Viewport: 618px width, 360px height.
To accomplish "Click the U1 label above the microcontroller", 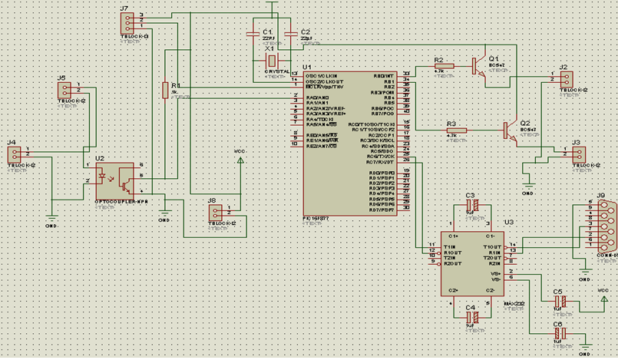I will [307, 68].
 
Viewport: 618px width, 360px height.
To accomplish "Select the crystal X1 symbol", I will [270, 61].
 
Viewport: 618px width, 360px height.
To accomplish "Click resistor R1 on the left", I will [164, 91].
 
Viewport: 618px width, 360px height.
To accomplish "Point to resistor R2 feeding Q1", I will [444, 67].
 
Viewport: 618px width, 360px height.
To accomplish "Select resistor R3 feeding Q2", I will [456, 130].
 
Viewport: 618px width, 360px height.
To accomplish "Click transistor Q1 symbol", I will [480, 65].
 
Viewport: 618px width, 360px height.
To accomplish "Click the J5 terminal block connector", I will [64, 91].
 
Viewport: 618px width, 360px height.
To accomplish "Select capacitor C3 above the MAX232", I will [474, 206].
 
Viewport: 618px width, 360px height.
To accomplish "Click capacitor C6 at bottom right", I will [562, 334].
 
